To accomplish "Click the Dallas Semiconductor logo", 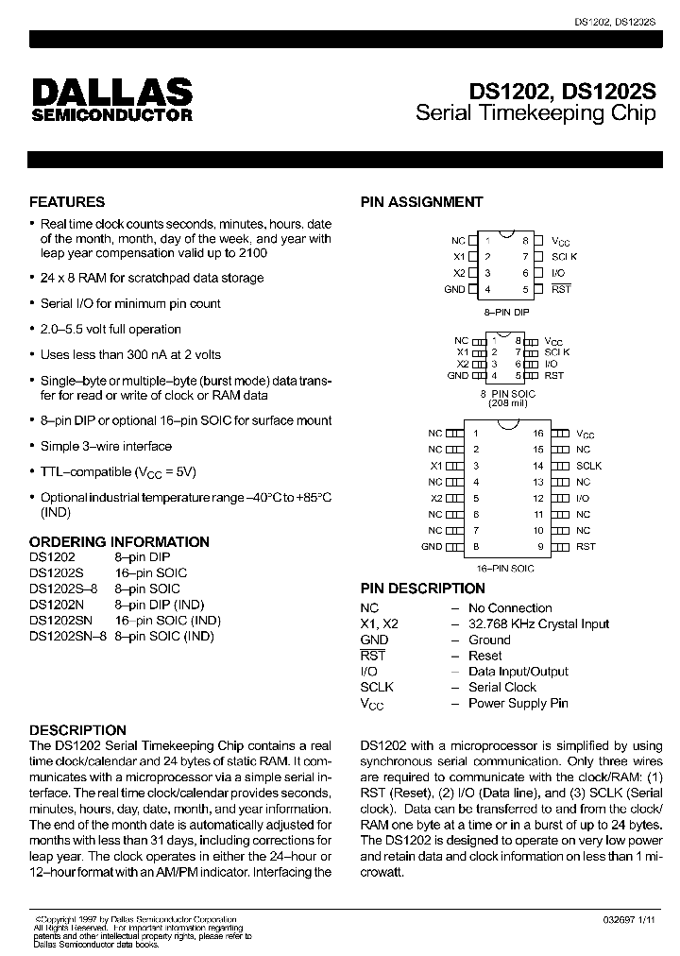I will click(111, 99).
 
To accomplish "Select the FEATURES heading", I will click(67, 201).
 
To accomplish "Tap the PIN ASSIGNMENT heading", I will click(421, 201).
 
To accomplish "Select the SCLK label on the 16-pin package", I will click(588, 466).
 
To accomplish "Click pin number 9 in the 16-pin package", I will click(541, 546).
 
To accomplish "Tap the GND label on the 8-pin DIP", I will click(454, 289).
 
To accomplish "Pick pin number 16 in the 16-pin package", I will click(538, 434).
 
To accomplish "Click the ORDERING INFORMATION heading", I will click(119, 541).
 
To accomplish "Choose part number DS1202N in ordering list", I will click(57, 605).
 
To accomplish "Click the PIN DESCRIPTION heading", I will click(422, 589).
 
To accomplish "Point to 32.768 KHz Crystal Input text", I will click(538, 624).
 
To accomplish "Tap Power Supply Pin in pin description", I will click(518, 704).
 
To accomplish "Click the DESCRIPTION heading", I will click(77, 729).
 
